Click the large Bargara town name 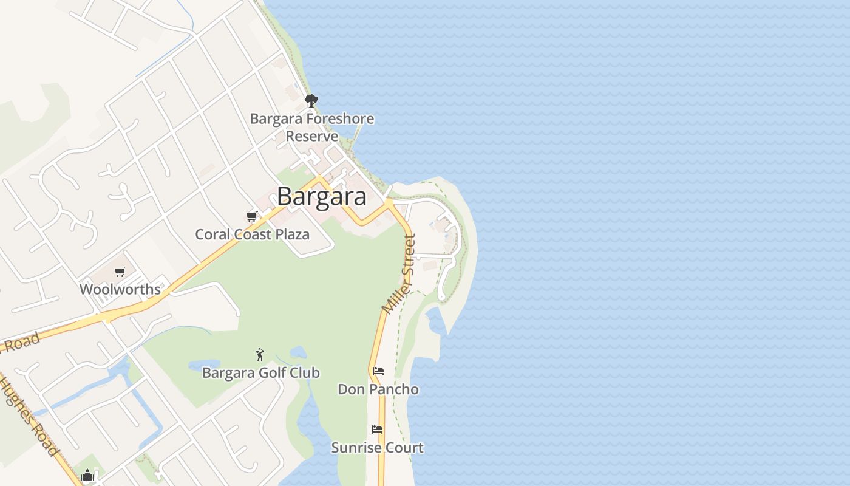pyautogui.click(x=322, y=197)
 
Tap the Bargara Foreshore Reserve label pyautogui.click(x=312, y=127)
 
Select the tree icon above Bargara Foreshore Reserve pyautogui.click(x=311, y=101)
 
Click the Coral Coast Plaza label pyautogui.click(x=252, y=234)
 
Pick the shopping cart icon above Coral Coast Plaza pyautogui.click(x=252, y=216)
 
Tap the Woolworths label pyautogui.click(x=120, y=289)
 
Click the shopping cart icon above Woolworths pyautogui.click(x=120, y=272)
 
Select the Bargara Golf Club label pyautogui.click(x=260, y=372)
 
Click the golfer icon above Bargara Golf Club pyautogui.click(x=260, y=355)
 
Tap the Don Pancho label pyautogui.click(x=378, y=389)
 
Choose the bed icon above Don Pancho pyautogui.click(x=378, y=371)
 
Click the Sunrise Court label pyautogui.click(x=377, y=448)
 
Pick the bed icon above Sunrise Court pyautogui.click(x=377, y=430)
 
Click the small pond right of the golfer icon pyautogui.click(x=298, y=352)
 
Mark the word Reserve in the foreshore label pyautogui.click(x=312, y=136)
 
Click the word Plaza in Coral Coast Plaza pyautogui.click(x=290, y=234)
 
